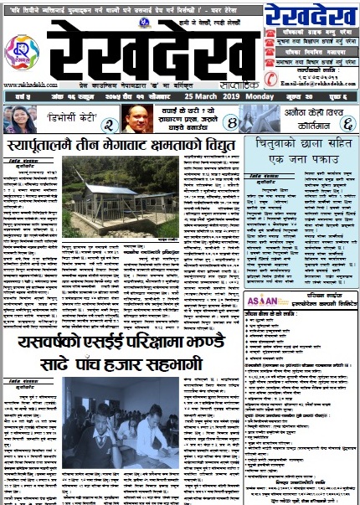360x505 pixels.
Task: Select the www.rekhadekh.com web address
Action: pyautogui.click(x=26, y=84)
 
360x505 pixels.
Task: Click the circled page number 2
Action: pyautogui.click(x=108, y=125)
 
